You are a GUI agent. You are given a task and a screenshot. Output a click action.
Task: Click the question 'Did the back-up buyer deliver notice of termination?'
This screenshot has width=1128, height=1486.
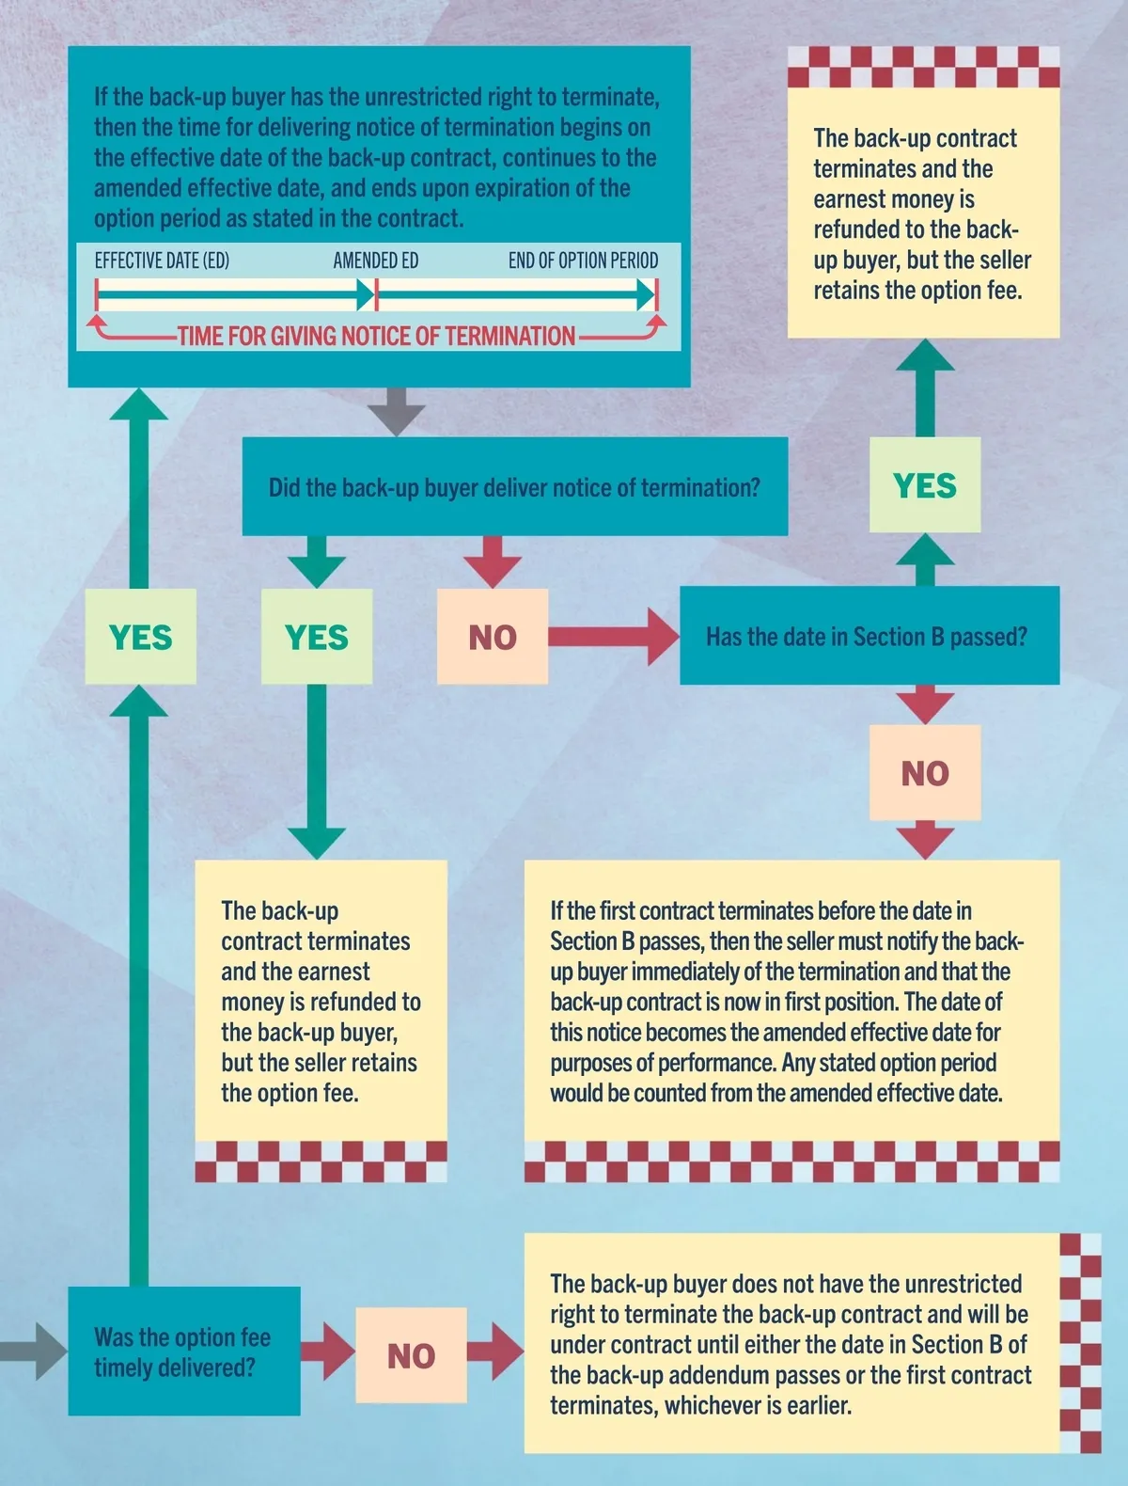(x=514, y=487)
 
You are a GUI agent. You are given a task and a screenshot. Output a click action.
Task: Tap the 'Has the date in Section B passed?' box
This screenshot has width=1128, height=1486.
(x=867, y=637)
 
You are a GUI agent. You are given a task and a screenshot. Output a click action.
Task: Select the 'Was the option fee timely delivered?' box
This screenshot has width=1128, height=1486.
(x=182, y=1352)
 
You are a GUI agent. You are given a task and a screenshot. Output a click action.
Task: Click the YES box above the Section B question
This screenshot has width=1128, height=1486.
(x=925, y=485)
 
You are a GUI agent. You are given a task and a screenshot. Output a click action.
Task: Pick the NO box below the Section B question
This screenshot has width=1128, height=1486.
(x=925, y=773)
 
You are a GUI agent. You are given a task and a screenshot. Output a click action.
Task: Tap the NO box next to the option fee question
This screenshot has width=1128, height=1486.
(x=411, y=1355)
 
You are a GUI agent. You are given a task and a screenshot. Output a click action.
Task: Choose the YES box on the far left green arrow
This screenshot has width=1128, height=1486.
(x=140, y=637)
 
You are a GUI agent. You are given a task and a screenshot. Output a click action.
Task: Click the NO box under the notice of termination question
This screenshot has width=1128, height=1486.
(x=493, y=637)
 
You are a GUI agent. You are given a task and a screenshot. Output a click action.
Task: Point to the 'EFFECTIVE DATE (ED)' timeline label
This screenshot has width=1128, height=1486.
(x=162, y=261)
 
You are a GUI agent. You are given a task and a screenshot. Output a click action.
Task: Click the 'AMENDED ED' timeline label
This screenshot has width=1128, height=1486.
(x=376, y=261)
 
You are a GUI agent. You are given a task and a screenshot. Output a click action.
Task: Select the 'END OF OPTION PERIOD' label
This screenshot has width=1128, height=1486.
(x=583, y=261)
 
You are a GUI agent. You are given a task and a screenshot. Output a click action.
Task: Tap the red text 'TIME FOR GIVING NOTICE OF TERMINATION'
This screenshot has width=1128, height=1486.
(x=376, y=336)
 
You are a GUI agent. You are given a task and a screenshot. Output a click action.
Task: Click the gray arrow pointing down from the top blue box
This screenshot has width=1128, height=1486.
(x=396, y=411)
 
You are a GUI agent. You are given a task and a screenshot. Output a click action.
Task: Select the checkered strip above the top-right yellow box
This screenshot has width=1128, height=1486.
(x=923, y=66)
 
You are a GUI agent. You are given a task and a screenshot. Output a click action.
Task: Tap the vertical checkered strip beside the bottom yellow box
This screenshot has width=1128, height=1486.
(x=1080, y=1343)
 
